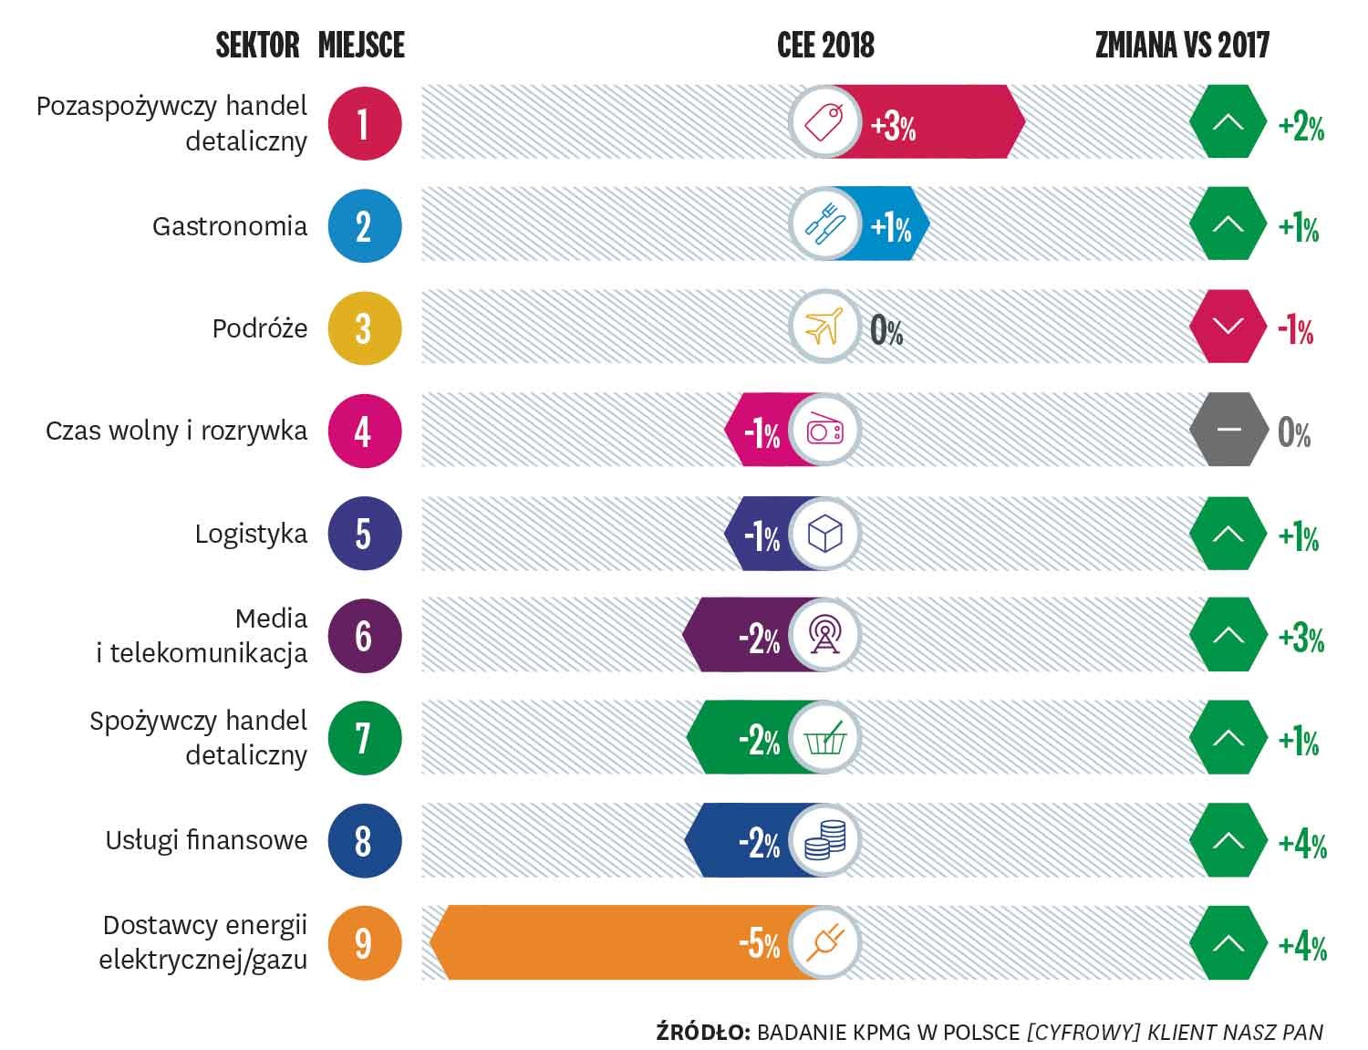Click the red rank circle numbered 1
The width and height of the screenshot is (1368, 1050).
click(x=364, y=123)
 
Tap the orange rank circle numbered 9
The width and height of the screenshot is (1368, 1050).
click(x=364, y=942)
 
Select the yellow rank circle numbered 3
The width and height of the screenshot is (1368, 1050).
click(x=364, y=328)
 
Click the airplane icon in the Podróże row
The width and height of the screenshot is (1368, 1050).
click(x=824, y=327)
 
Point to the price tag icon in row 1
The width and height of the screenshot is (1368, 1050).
click(x=824, y=122)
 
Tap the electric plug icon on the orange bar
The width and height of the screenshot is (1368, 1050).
click(x=824, y=942)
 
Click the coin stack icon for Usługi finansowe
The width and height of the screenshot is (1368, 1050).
click(x=824, y=840)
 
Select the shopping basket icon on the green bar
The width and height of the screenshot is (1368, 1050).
click(x=824, y=738)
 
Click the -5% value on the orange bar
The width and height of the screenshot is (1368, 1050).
click(x=759, y=943)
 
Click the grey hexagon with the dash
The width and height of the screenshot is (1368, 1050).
click(x=1228, y=431)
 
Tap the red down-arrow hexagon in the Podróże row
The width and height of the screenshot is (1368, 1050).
click(x=1228, y=327)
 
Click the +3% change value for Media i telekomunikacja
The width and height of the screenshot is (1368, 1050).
click(x=1301, y=637)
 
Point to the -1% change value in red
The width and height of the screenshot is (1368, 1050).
click(x=1295, y=329)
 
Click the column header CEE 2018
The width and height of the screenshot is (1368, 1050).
click(x=825, y=45)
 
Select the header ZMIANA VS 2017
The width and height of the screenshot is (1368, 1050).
click(x=1182, y=45)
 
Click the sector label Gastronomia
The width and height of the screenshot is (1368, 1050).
click(x=230, y=226)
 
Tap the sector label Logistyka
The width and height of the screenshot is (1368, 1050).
click(x=251, y=534)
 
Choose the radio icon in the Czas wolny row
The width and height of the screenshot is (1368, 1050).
click(x=824, y=431)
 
